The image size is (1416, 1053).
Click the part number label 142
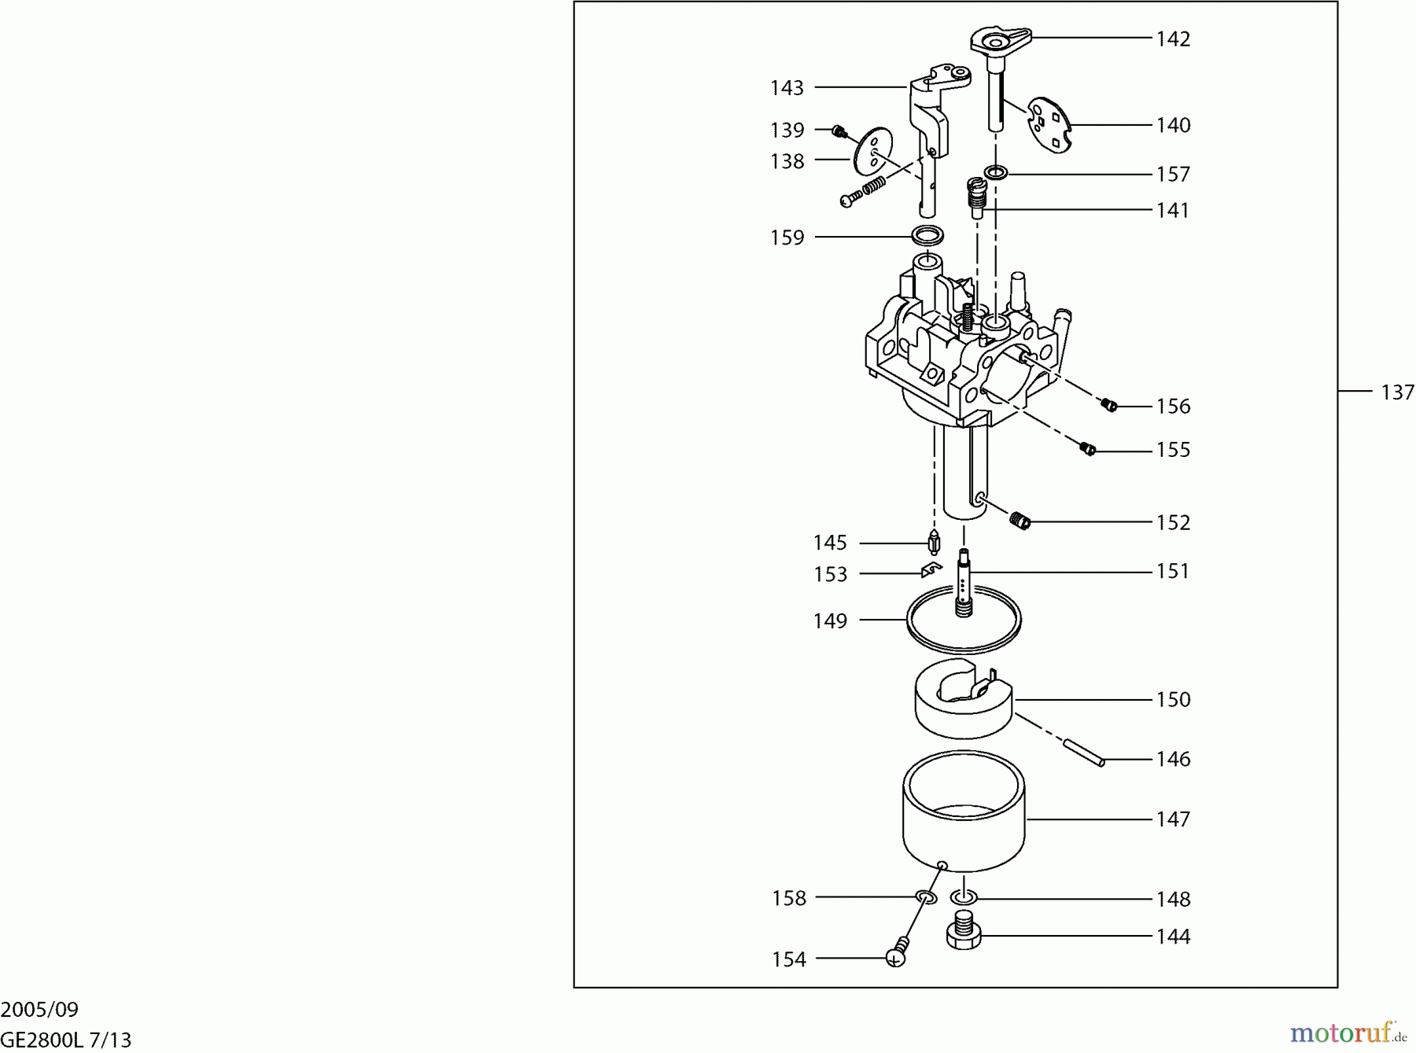coord(1173,39)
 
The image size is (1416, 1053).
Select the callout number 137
coord(1397,392)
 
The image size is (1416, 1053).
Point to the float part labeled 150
coord(964,699)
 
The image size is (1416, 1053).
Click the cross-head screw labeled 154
coord(897,953)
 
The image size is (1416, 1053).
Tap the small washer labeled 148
coord(964,897)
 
